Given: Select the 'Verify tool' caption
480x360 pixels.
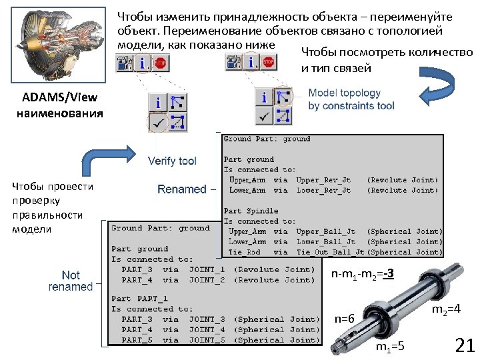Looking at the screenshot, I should pos(172,161).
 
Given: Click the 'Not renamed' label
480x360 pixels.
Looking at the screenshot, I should pos(71,281).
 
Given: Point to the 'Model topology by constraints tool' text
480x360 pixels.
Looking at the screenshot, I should pos(351,99).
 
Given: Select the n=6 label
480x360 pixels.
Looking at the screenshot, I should pos(344,319).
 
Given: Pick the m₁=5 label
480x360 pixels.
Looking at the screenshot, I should pos(389,347).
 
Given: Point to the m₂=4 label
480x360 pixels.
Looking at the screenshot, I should pos(446,309).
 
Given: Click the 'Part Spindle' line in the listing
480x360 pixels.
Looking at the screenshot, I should pos(249,211).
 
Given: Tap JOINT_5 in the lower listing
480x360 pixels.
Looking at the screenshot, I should pos(207,340).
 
